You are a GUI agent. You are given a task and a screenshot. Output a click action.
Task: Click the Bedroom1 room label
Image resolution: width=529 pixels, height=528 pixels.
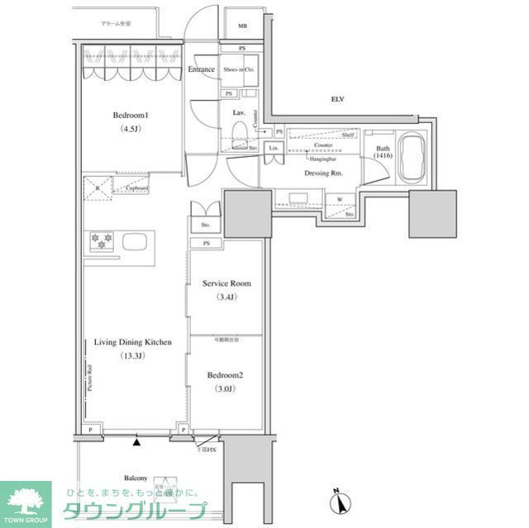click(131, 117)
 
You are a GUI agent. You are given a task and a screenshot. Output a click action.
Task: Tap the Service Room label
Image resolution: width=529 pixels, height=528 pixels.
click(226, 283)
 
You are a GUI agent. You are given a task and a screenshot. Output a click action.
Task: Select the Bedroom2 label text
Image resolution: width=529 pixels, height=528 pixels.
click(226, 373)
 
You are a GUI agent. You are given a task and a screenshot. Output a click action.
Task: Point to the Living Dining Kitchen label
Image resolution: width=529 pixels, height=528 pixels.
click(131, 341)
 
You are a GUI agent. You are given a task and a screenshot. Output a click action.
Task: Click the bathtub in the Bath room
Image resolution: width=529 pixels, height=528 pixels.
click(411, 159)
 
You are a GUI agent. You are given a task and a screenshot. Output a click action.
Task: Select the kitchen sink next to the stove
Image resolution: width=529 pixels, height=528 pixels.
click(135, 242)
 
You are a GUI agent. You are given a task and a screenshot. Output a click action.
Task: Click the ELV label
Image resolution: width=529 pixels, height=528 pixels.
click(337, 99)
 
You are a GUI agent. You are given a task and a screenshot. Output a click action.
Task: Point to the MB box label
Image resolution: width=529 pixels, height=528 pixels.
click(242, 26)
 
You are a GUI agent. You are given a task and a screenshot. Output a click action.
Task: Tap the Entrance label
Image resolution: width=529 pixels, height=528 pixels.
click(202, 69)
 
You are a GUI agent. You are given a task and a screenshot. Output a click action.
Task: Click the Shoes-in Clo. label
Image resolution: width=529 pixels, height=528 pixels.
click(239, 69)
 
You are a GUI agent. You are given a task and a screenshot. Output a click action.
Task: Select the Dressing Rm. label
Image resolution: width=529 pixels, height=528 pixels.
click(323, 174)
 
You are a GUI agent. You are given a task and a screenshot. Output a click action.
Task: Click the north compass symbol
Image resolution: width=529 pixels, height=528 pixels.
click(338, 501)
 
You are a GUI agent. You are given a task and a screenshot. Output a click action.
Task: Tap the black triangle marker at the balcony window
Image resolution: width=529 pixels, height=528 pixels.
click(136, 444)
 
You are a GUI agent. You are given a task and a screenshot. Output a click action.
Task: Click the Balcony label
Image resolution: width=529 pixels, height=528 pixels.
click(136, 478)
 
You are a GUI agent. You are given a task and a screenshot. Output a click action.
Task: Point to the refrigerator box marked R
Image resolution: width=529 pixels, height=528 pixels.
click(98, 187)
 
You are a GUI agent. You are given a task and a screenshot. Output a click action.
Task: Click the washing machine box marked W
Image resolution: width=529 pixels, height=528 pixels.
click(340, 199)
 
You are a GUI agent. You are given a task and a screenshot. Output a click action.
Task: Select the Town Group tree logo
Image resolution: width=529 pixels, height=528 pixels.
click(26, 499)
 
